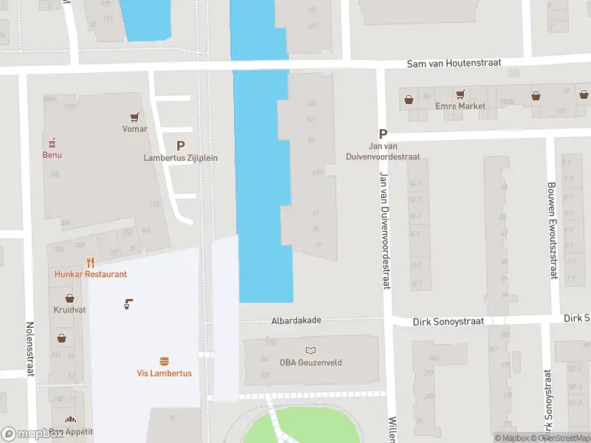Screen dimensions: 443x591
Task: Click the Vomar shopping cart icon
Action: click(134, 117)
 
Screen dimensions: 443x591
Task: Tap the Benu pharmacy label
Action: click(52, 155)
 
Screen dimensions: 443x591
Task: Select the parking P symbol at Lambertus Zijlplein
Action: click(180, 146)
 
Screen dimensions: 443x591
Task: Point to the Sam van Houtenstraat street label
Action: click(454, 64)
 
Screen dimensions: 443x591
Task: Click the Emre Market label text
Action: click(460, 106)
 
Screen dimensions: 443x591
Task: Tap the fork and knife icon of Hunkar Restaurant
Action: click(90, 262)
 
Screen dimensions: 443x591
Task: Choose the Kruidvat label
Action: click(69, 310)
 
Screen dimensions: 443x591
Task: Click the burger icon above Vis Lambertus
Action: click(164, 361)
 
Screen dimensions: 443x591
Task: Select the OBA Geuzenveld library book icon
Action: click(310, 350)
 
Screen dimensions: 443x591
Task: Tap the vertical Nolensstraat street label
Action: click(30, 348)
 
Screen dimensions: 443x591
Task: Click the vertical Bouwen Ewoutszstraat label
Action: click(551, 230)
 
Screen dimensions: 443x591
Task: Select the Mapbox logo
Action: click(32, 434)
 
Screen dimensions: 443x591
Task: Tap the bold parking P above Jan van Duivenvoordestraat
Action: click(383, 134)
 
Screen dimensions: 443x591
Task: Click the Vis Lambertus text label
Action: click(164, 374)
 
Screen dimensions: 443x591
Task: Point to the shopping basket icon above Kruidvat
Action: click(69, 298)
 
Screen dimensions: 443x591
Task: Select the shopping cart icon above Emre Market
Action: click(460, 95)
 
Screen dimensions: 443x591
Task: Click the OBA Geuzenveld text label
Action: click(308, 362)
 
